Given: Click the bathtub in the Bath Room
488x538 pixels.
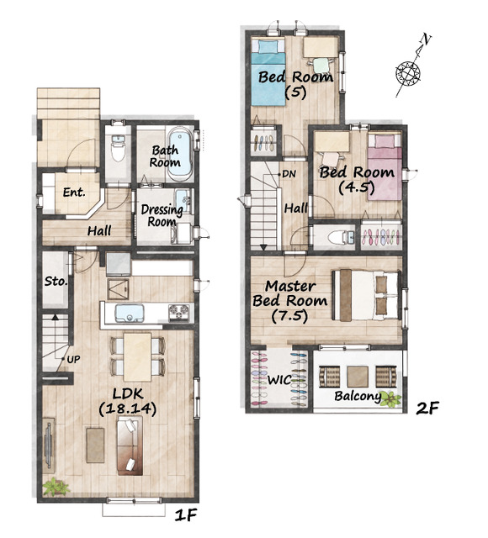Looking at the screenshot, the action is point(180,154).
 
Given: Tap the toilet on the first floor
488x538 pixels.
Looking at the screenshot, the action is point(118,149).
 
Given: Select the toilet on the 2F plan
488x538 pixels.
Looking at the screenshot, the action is point(340,237).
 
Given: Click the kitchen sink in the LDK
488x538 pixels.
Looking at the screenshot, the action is point(129,313).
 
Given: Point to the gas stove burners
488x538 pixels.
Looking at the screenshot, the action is point(178,313).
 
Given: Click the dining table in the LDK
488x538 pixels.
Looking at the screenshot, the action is point(137,356).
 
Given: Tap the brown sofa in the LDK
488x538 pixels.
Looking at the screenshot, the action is point(130,446).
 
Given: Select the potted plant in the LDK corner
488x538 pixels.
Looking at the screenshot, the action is point(56,487).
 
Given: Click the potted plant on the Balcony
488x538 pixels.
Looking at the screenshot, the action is point(390,398).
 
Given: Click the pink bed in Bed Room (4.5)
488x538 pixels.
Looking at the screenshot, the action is point(385,166).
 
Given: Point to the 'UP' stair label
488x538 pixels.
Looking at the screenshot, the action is point(73,359).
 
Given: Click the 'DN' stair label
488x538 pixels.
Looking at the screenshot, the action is point(289,174).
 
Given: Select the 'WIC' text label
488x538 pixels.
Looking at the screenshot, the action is point(279,380).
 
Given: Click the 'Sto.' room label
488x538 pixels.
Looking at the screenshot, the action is point(56,282).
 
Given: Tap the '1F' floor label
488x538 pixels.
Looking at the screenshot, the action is point(185,515).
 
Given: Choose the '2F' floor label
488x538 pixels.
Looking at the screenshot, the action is point(427,408).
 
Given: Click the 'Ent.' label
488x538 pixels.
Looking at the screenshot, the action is point(74,193).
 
